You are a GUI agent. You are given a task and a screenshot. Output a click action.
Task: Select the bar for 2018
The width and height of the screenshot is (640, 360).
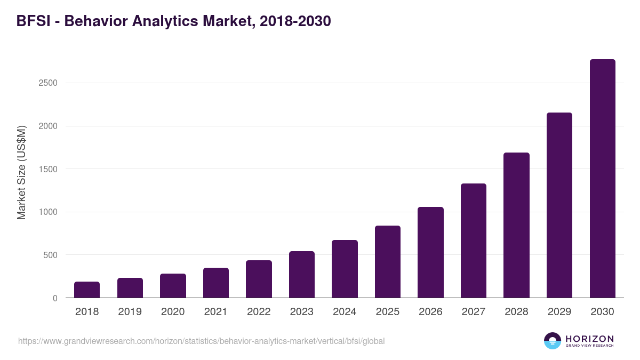(x=87, y=290)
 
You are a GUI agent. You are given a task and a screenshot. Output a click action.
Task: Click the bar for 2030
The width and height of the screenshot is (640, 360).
(x=603, y=179)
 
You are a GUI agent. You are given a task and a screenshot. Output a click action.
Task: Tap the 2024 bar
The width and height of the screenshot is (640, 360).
(x=345, y=269)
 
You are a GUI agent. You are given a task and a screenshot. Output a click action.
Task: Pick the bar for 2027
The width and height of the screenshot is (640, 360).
(x=474, y=241)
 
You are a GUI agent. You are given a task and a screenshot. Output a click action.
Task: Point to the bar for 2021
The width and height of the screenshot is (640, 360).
(x=216, y=283)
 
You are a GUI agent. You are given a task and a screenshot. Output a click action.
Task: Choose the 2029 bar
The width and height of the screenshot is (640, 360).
(x=559, y=205)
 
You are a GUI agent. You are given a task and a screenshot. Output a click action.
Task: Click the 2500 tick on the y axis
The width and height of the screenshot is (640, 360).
(x=48, y=83)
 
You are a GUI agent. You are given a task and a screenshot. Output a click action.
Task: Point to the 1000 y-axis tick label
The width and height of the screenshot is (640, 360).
(x=48, y=212)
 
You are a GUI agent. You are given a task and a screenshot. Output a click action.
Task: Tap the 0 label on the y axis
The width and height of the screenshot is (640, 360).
(x=55, y=298)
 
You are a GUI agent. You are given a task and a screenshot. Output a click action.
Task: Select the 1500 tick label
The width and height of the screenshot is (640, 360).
(x=48, y=169)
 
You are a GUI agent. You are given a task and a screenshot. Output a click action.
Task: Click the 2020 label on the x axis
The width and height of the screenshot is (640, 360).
(x=173, y=312)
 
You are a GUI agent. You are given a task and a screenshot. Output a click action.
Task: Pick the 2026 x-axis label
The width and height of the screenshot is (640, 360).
(x=430, y=312)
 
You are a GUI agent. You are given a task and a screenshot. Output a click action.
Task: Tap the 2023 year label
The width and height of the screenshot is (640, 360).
(x=302, y=312)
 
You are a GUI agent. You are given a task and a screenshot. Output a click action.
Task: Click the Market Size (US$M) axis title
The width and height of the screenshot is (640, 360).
(x=21, y=172)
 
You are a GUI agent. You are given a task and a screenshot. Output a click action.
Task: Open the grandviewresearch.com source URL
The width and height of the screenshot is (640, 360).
(x=201, y=341)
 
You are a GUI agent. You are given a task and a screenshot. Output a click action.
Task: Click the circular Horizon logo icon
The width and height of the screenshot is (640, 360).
(x=553, y=341)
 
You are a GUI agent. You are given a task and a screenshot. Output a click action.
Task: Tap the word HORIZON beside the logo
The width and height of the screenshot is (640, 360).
(x=589, y=338)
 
